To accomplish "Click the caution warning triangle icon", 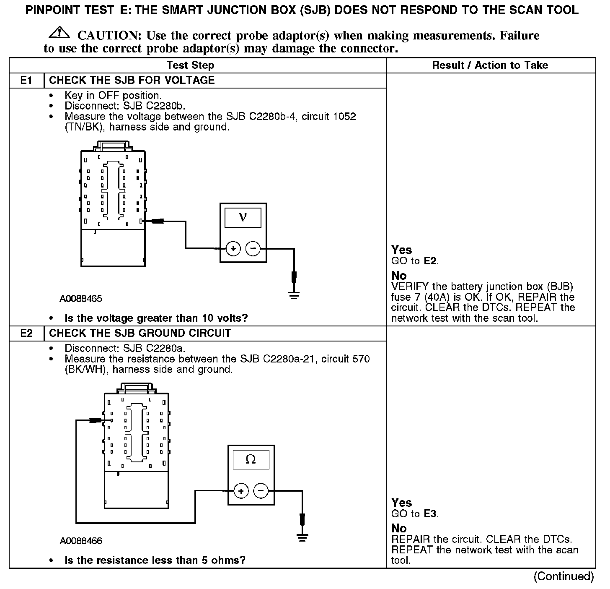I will click(59, 32).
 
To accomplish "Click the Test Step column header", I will click(190, 65).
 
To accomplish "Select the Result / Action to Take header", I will click(490, 65).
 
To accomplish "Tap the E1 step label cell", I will click(26, 80).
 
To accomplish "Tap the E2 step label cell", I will click(26, 334).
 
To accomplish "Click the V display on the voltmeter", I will click(243, 217).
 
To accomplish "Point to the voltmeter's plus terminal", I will click(233, 249).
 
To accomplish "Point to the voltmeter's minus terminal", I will click(252, 249).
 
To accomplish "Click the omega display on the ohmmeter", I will click(251, 459).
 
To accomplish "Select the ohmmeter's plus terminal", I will click(241, 490).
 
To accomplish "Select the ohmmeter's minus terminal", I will click(261, 490).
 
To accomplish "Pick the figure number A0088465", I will click(80, 299).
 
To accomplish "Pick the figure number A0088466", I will click(80, 541).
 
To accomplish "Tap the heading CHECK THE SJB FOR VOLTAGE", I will click(132, 80).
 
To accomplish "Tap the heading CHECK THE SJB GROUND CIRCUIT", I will click(140, 334).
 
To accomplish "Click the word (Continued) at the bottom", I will click(563, 576).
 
